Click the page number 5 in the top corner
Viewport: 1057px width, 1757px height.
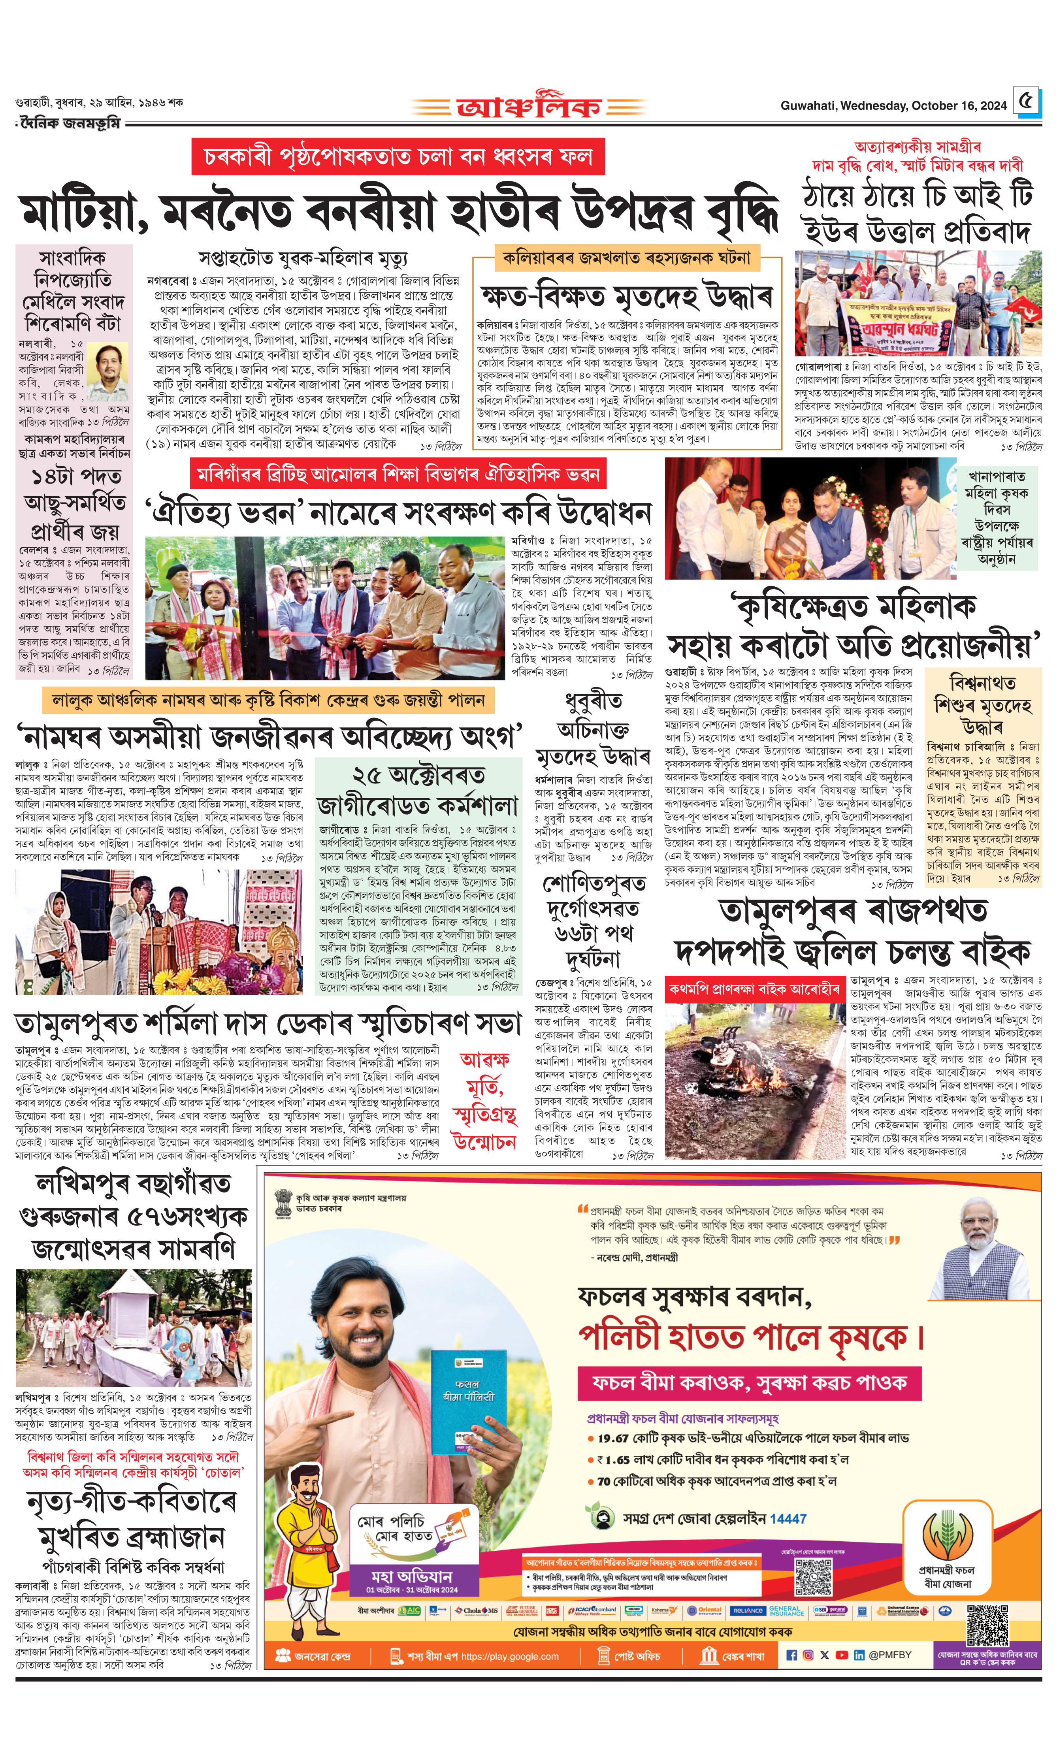pos(1026,103)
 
